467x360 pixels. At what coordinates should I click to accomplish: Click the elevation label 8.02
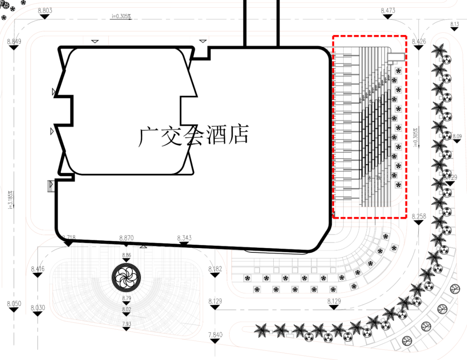126,310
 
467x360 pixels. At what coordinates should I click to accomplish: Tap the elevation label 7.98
126,324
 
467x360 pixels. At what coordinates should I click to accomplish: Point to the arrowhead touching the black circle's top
126,259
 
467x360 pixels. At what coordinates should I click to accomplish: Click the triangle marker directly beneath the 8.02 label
126,315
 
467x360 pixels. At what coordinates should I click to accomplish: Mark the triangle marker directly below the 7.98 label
126,329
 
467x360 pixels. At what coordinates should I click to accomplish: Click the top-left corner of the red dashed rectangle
333,37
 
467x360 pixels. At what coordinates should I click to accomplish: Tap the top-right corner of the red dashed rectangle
406,37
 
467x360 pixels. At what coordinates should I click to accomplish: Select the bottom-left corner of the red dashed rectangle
333,218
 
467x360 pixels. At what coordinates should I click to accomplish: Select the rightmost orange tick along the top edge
209,41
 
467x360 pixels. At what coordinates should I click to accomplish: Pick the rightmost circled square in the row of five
333,289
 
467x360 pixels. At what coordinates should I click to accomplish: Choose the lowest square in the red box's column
398,185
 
